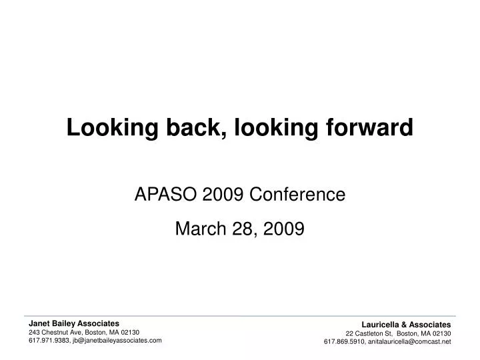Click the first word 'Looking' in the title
[107, 127]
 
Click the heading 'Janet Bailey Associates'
[74, 323]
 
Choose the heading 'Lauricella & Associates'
[407, 325]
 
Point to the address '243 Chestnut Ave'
[55, 331]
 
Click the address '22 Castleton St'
[368, 333]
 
